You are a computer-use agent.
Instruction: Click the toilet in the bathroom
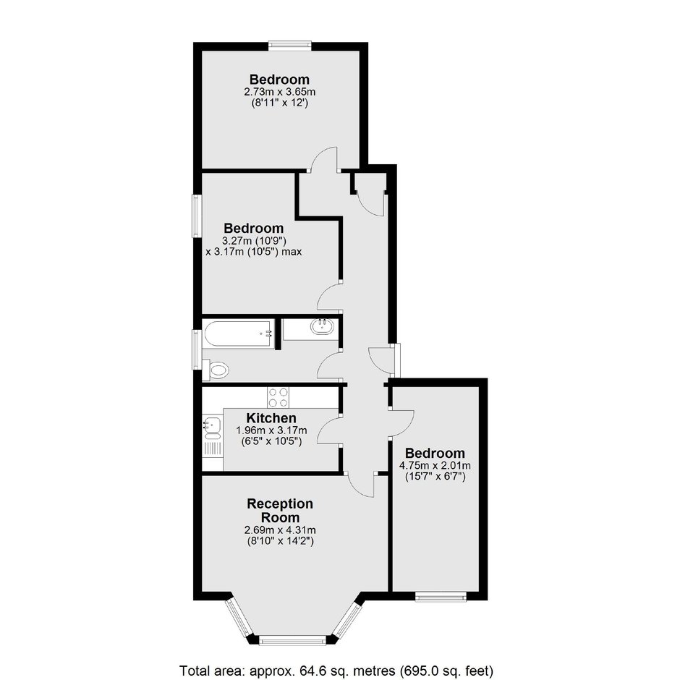pyautogui.click(x=216, y=370)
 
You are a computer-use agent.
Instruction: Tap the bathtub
pyautogui.click(x=239, y=334)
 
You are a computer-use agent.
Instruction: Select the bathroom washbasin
pyautogui.click(x=322, y=326)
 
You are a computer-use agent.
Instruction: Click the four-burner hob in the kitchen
pyautogui.click(x=278, y=397)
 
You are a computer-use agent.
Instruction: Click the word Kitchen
pyautogui.click(x=271, y=418)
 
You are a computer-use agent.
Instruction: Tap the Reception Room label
pyautogui.click(x=280, y=511)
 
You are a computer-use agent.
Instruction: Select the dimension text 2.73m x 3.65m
pyautogui.click(x=280, y=92)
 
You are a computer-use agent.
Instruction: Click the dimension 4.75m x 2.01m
pyautogui.click(x=435, y=466)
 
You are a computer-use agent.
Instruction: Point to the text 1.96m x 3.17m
pyautogui.click(x=271, y=430)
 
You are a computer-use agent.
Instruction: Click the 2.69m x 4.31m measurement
pyautogui.click(x=280, y=530)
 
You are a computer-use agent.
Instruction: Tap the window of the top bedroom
pyautogui.click(x=289, y=45)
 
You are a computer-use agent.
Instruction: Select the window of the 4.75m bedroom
pyautogui.click(x=441, y=597)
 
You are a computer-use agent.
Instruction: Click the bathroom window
pyautogui.click(x=197, y=349)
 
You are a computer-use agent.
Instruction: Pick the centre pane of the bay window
pyautogui.click(x=292, y=640)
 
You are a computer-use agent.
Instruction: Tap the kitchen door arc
pyautogui.click(x=328, y=429)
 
